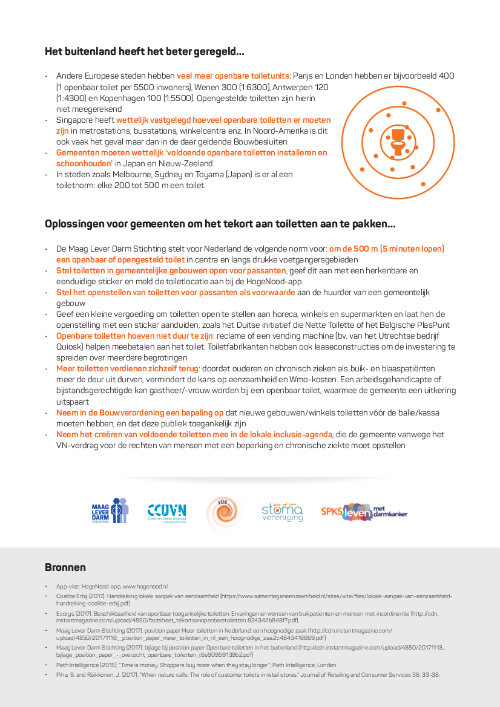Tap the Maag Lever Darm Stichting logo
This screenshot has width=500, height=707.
pyautogui.click(x=110, y=510)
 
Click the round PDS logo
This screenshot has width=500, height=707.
pyautogui.click(x=223, y=511)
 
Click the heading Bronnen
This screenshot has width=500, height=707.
pyautogui.click(x=65, y=567)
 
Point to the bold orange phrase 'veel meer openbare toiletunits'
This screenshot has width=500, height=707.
pyautogui.click(x=233, y=76)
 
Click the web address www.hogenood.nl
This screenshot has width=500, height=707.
pyautogui.click(x=145, y=587)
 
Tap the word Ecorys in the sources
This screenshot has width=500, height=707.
pyautogui.click(x=67, y=613)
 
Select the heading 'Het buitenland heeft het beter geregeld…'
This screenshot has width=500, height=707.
pyautogui.click(x=145, y=51)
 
